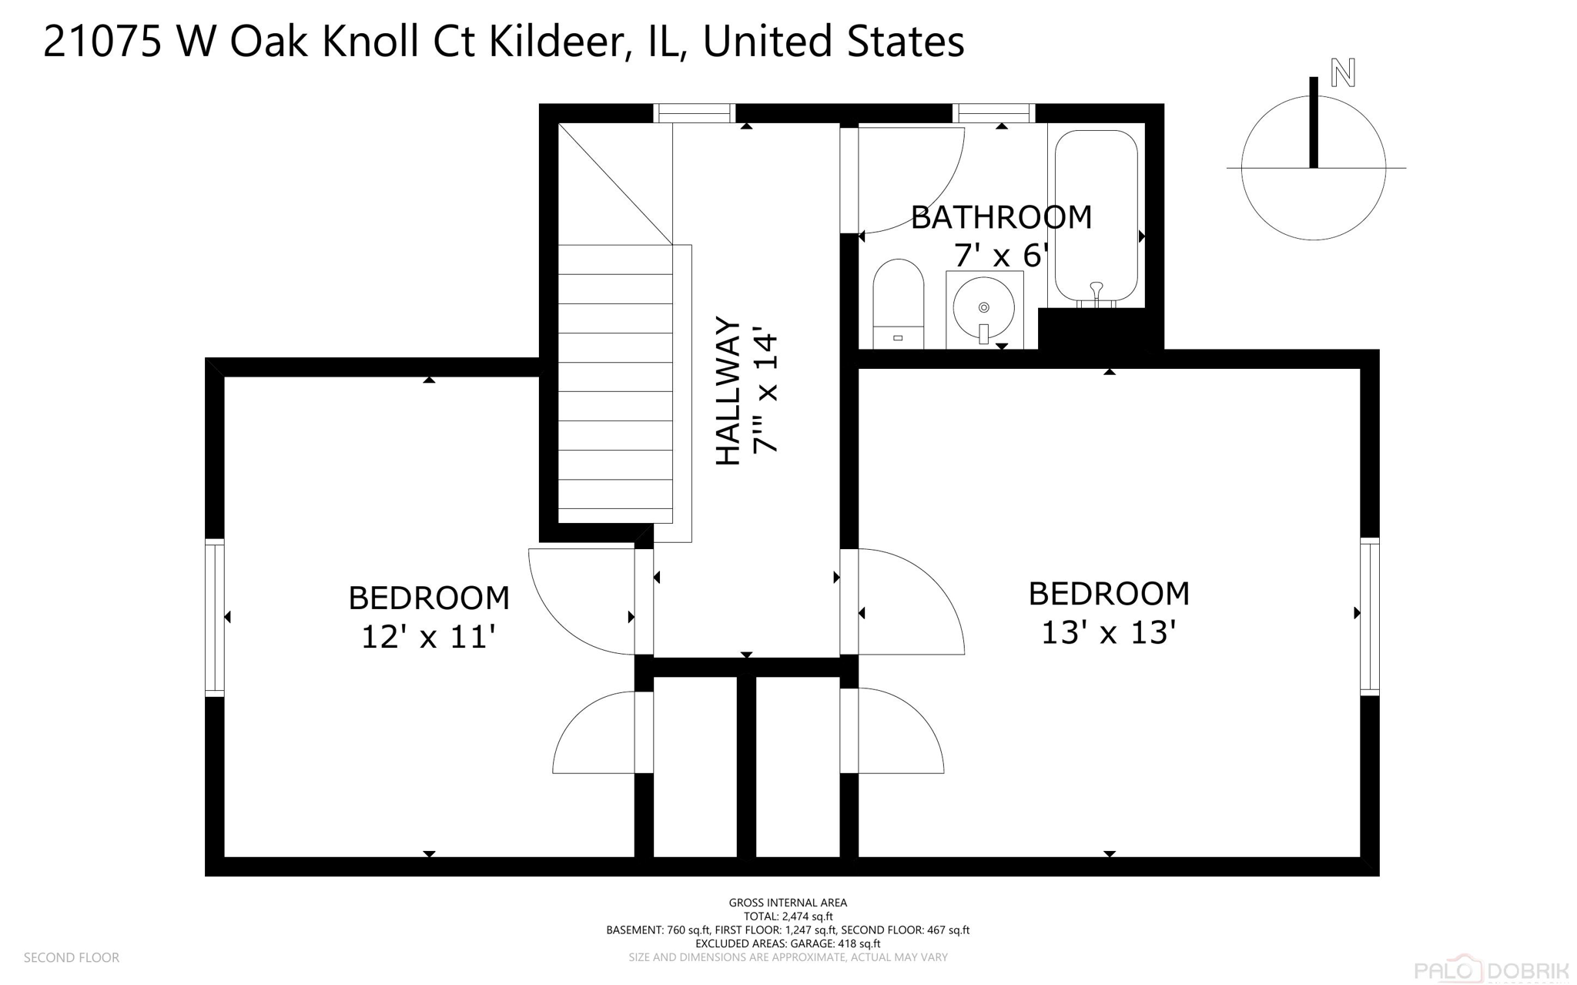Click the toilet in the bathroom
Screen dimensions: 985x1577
point(898,302)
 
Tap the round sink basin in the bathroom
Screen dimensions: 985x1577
point(983,307)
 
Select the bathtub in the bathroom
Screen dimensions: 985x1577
point(1096,216)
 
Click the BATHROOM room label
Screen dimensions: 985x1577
point(1001,218)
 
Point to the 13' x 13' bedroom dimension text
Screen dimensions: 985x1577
point(1108,633)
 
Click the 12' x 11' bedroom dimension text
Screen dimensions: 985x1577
point(428,638)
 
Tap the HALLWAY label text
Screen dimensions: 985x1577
point(728,390)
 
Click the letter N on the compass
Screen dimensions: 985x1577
point(1343,73)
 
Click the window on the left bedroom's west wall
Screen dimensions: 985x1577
point(214,618)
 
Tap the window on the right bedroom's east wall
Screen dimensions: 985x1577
point(1369,616)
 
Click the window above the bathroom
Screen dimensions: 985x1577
point(993,113)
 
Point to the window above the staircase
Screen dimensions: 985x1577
point(695,113)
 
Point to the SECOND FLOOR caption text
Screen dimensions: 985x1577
point(72,957)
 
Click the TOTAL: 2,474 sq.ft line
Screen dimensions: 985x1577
point(788,916)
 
